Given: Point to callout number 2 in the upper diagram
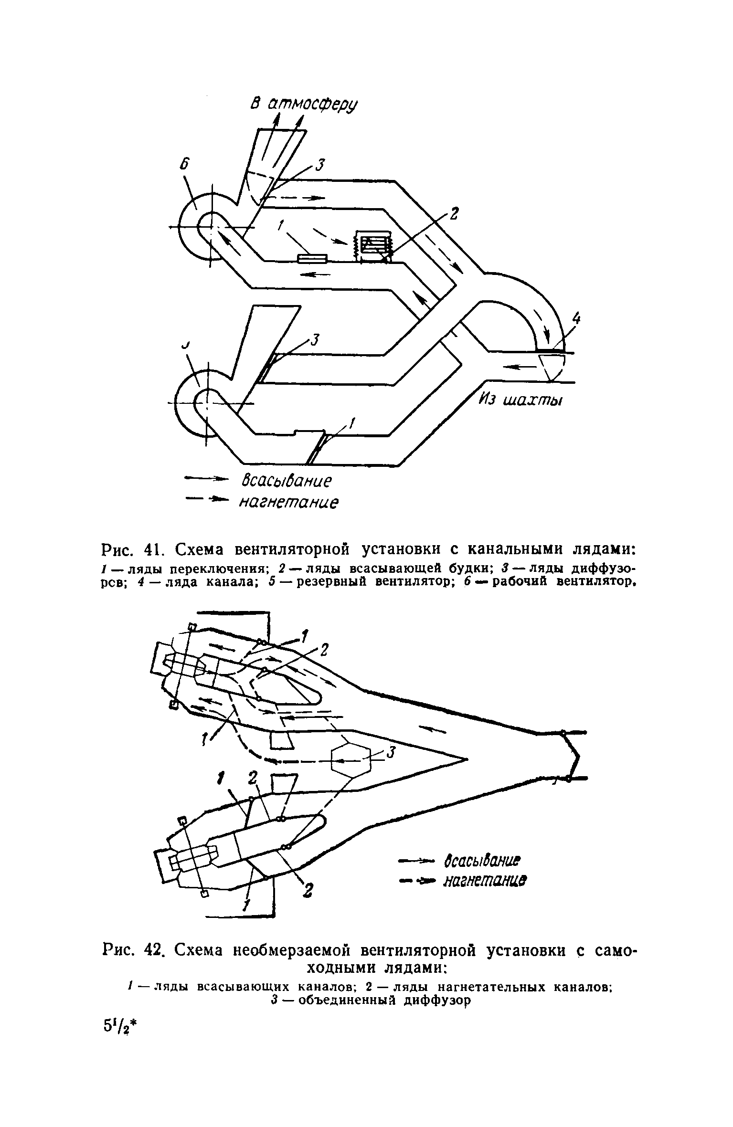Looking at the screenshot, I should [453, 214].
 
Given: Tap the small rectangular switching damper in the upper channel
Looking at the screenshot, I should [312, 258].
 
